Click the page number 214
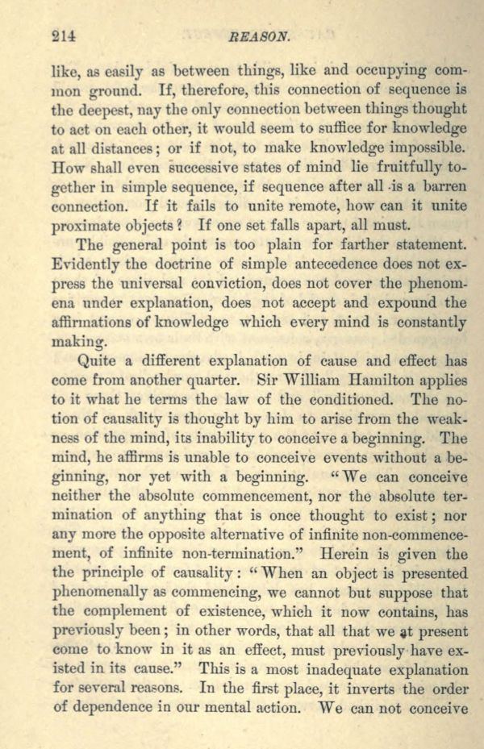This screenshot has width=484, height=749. coord(63,35)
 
